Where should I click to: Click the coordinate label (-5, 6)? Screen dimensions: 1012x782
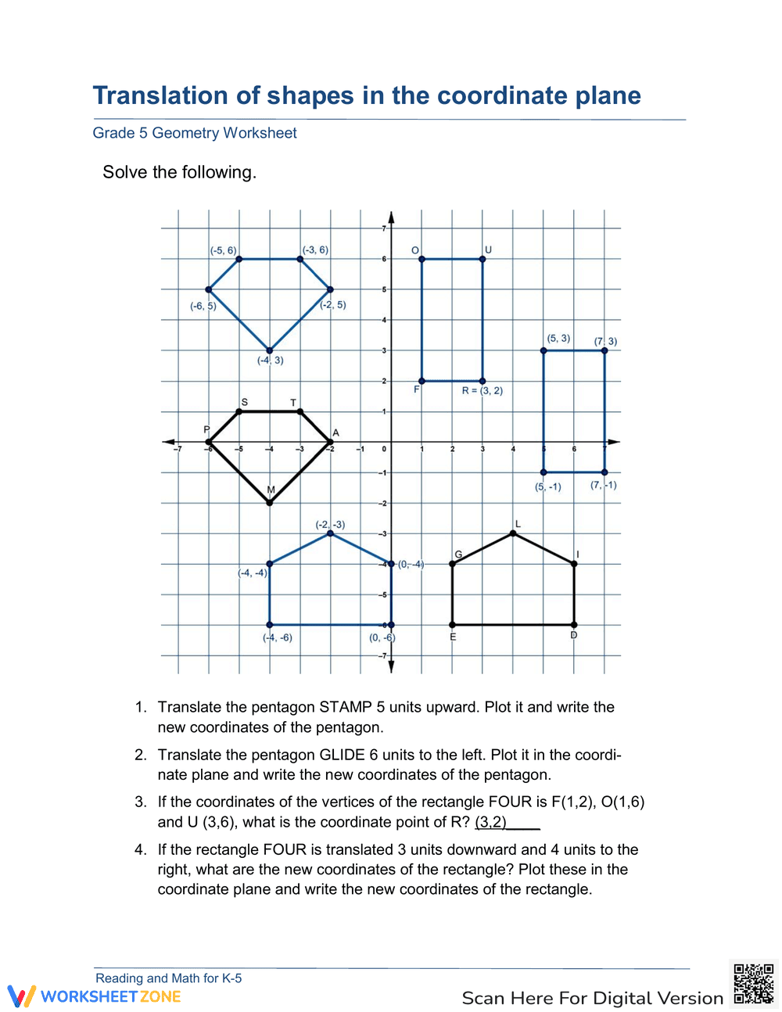[x=223, y=250]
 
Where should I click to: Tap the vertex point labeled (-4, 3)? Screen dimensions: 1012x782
[x=270, y=350]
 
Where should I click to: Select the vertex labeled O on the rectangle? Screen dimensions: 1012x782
[x=421, y=259]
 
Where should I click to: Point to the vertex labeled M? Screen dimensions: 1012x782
[x=270, y=503]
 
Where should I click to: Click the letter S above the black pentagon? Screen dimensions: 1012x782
[x=244, y=402]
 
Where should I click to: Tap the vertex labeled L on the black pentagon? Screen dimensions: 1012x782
[x=513, y=533]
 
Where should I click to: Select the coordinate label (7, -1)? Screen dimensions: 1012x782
[x=604, y=485]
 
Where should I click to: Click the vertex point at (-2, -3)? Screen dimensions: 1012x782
[x=331, y=533]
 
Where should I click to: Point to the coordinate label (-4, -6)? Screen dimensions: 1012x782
[x=278, y=637]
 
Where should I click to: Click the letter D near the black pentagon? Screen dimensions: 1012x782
[x=573, y=636]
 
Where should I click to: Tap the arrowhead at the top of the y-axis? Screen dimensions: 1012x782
[x=391, y=217]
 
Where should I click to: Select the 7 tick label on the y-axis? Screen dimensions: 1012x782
[x=383, y=228]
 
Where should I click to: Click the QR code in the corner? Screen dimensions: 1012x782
[x=753, y=984]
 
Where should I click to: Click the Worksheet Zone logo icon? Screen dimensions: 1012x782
[x=21, y=996]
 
